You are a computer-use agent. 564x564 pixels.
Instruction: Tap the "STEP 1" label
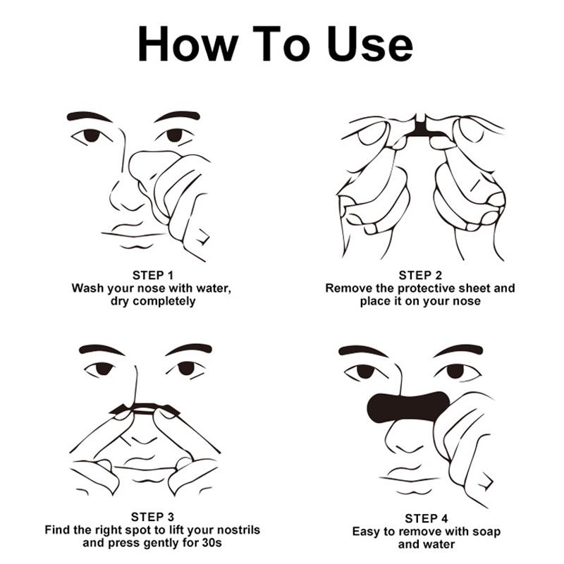click(x=152, y=275)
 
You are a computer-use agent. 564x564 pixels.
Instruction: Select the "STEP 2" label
click(x=420, y=275)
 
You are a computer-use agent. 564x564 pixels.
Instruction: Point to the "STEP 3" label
click(x=152, y=516)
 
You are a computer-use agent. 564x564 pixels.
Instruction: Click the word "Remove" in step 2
click(x=348, y=288)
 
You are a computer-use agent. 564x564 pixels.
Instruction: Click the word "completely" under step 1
click(x=163, y=301)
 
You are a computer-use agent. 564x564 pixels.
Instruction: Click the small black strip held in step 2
click(x=422, y=127)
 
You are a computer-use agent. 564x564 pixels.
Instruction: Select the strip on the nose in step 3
click(x=147, y=407)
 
